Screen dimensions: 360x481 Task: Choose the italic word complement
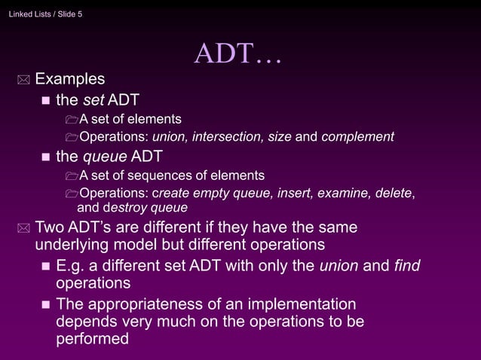(357, 137)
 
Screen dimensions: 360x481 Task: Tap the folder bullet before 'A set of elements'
(71, 119)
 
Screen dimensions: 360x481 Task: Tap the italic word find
(407, 265)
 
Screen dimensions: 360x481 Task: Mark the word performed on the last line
(92, 339)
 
